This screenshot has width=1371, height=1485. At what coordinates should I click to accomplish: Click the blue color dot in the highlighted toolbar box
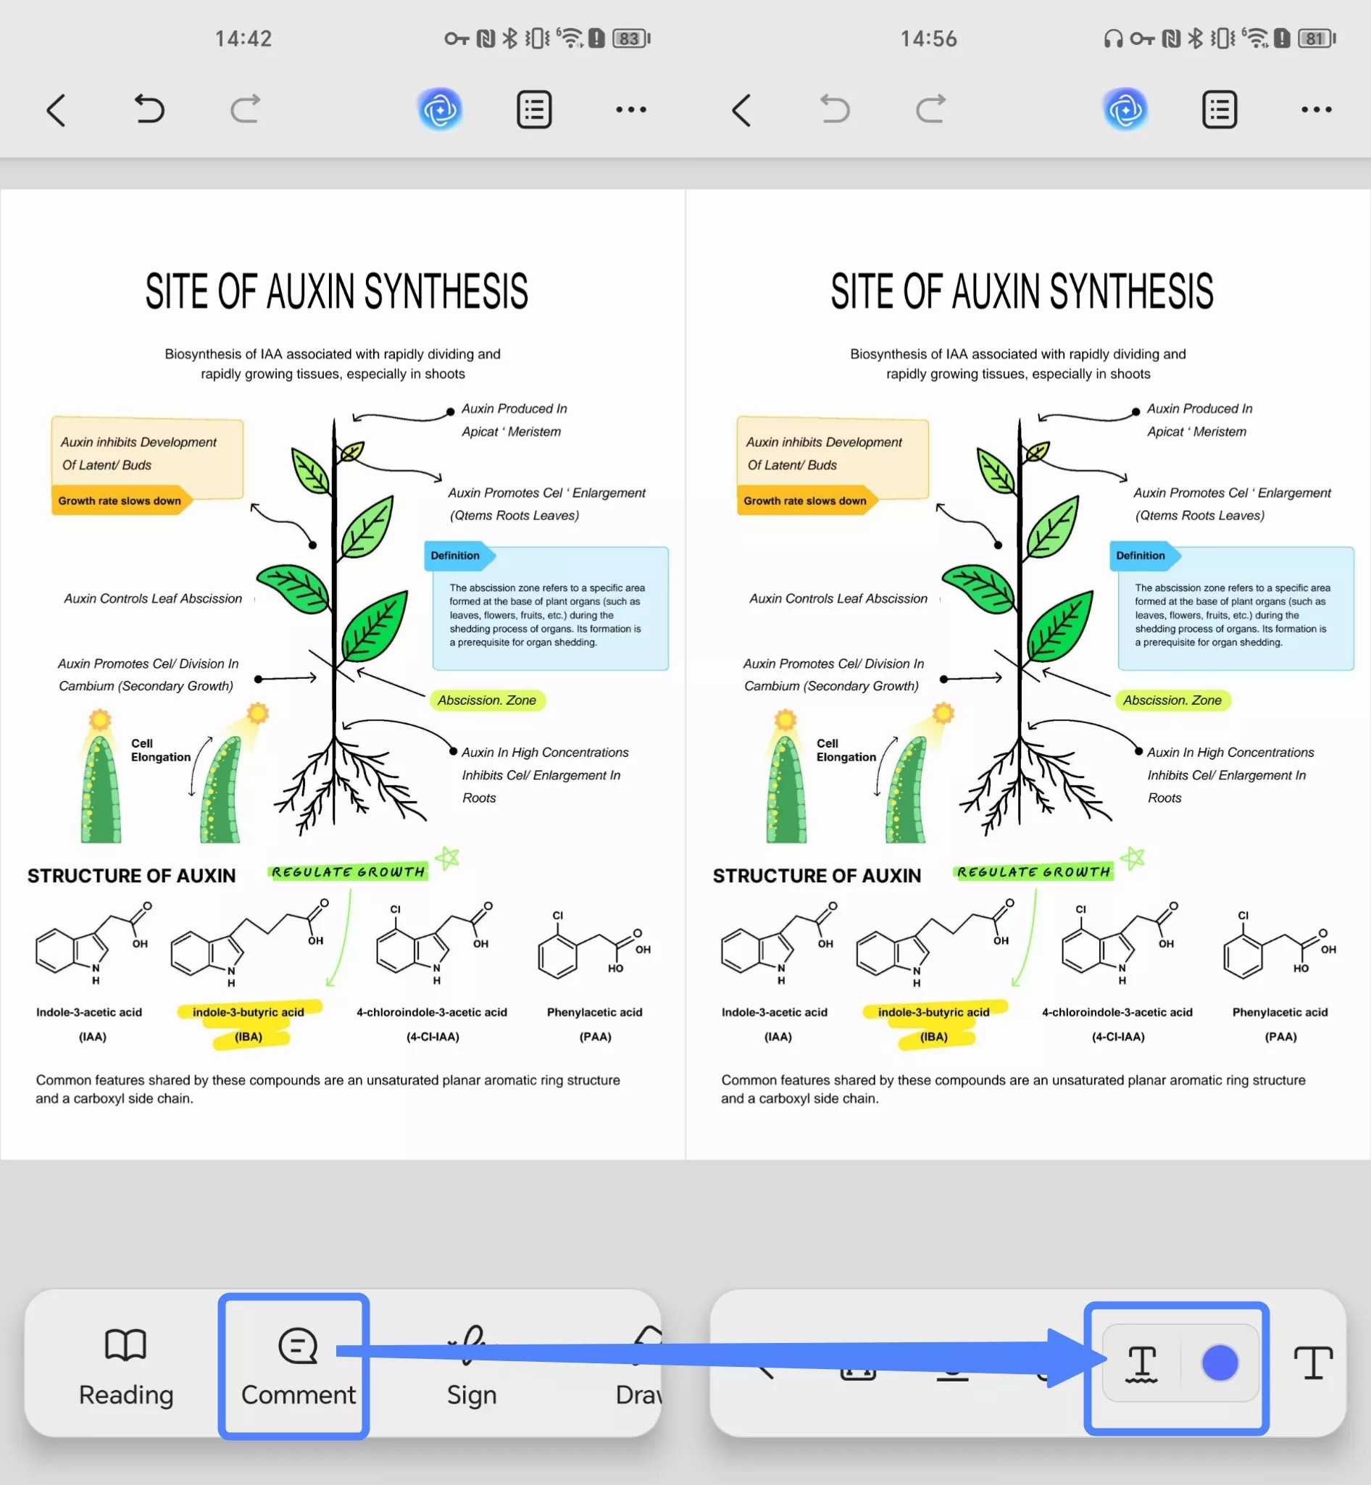pos(1220,1363)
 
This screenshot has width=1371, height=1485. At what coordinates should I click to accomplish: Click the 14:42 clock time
pos(243,38)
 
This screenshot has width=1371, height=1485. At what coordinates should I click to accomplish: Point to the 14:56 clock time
pos(929,38)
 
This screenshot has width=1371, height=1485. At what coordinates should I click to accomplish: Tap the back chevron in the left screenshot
pos(57,111)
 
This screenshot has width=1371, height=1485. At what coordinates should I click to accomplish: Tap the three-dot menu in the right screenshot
pos(1316,110)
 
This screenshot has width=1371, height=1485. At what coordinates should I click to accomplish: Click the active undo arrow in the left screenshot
pos(149,109)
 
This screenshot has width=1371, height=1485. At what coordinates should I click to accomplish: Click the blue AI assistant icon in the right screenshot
pos(1125,110)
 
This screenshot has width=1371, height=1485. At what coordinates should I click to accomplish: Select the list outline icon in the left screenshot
pos(534,110)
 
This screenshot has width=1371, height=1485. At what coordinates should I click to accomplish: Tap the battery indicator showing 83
pos(631,38)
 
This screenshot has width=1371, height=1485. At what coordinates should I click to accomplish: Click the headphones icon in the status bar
pos(1113,38)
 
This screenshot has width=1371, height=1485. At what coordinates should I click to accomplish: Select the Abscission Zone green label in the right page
pos(1172,700)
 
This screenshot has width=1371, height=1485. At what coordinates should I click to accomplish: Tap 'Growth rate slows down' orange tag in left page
pos(121,501)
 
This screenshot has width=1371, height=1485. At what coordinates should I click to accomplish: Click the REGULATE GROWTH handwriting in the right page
pos(1034,872)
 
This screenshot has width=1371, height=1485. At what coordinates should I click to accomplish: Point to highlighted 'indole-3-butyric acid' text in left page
pos(249,1012)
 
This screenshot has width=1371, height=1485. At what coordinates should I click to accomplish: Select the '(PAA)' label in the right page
pos(1280,1037)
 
